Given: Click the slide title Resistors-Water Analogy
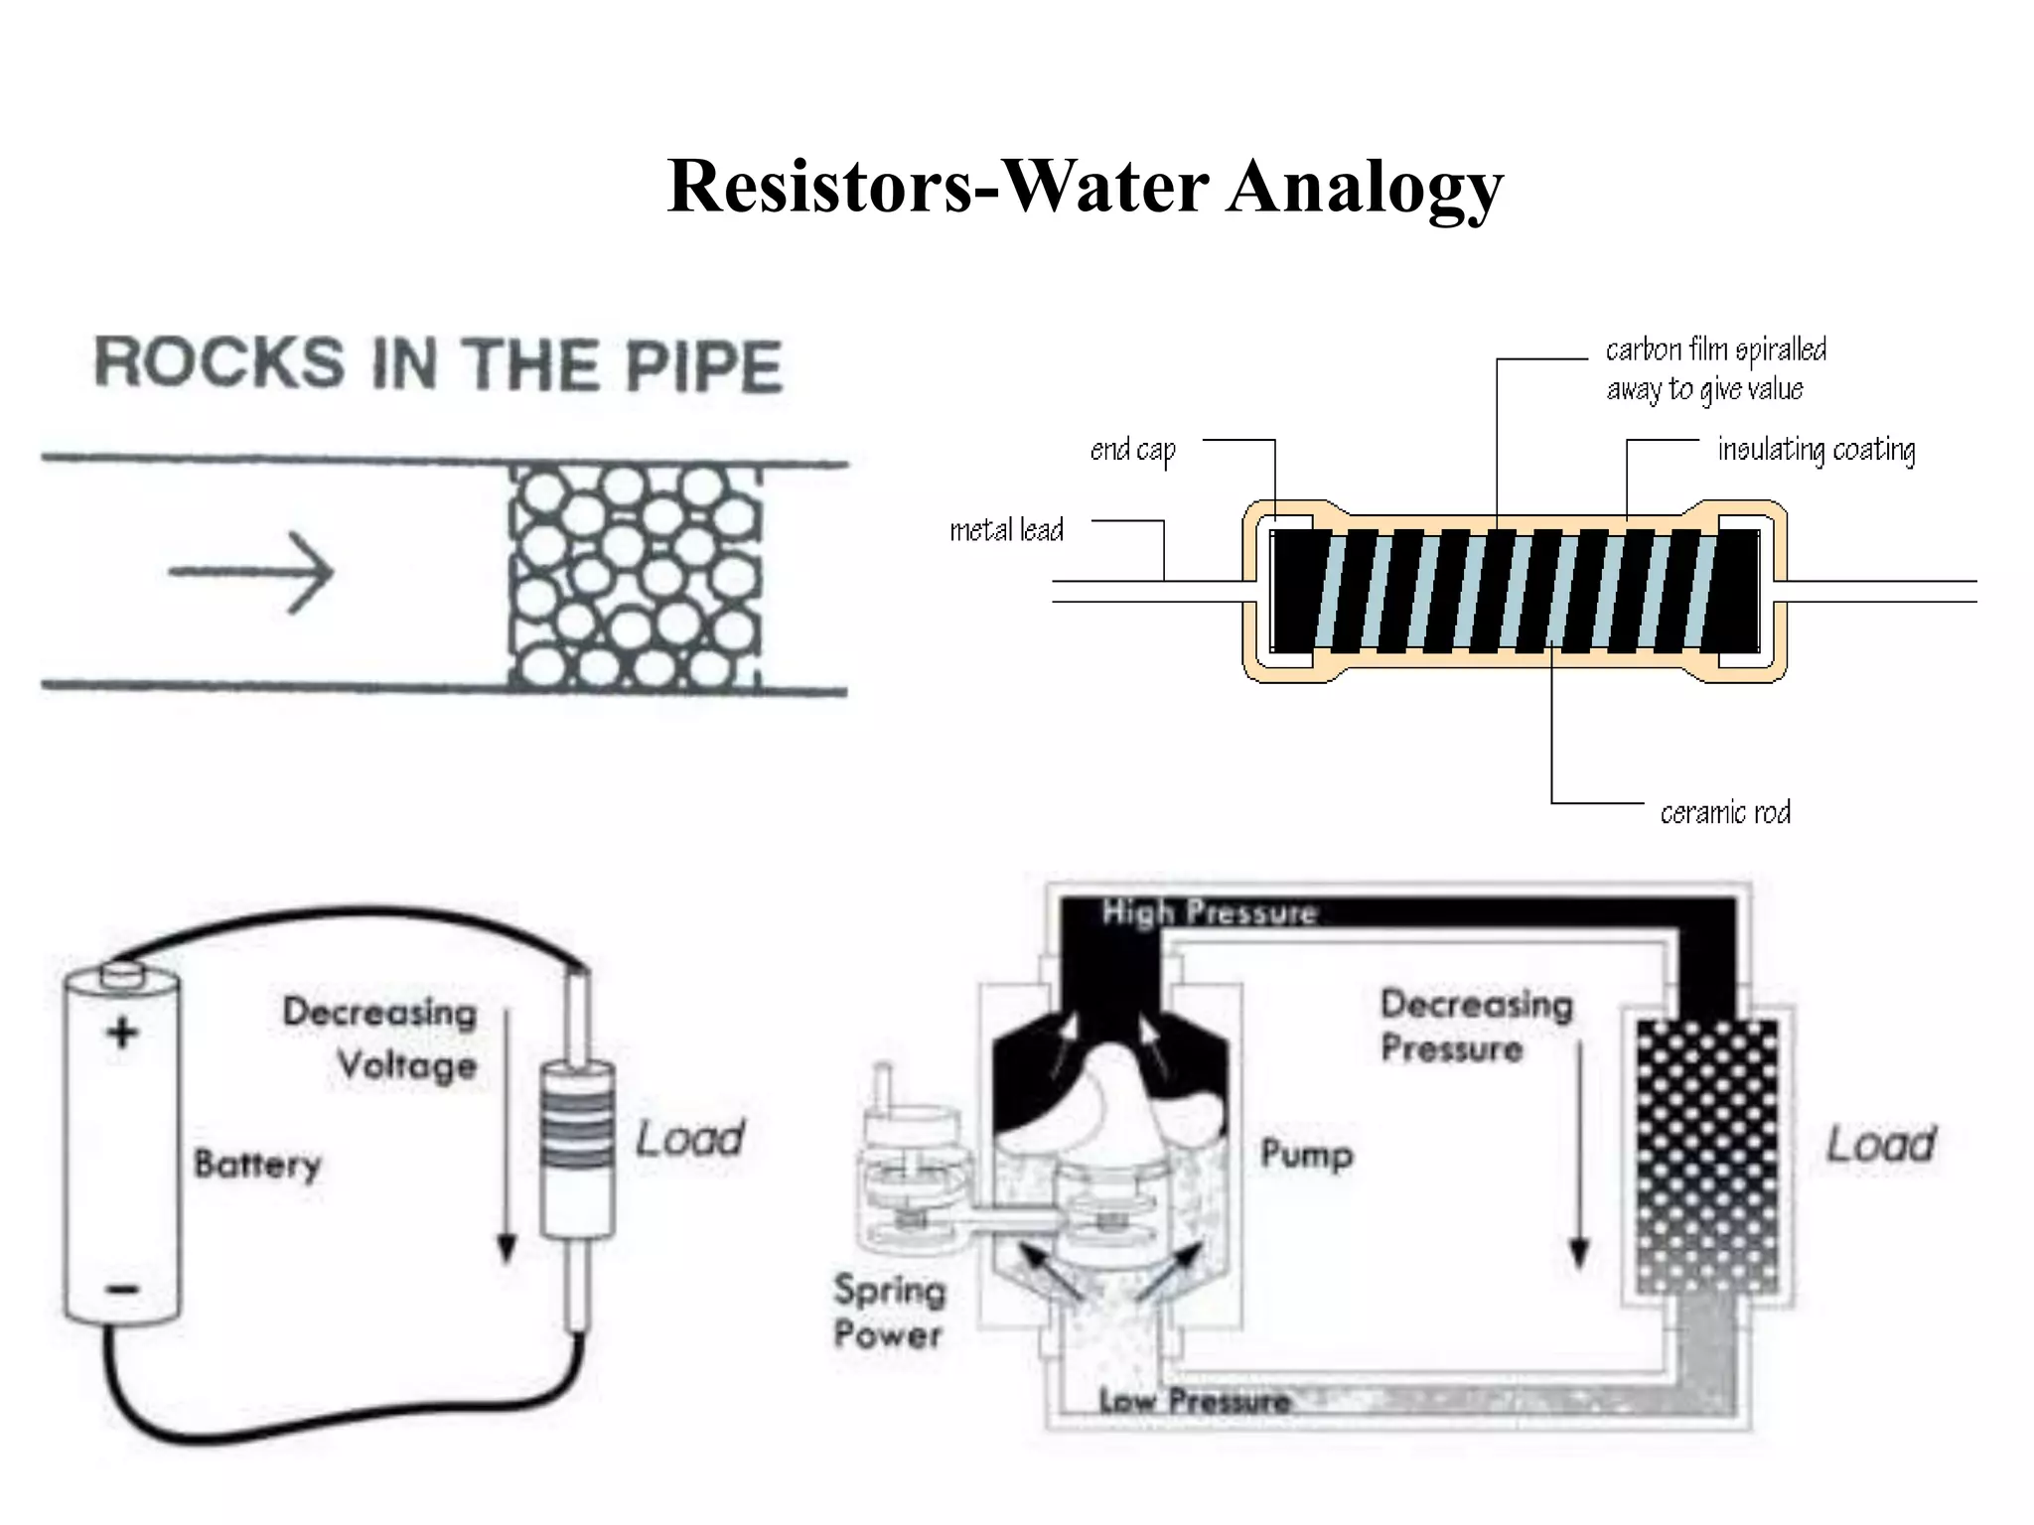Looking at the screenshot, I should click(1085, 186).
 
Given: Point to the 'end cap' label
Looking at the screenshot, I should click(1132, 450).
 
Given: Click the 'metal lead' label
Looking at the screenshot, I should click(1006, 530).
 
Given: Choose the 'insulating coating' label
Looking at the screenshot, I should click(1816, 450).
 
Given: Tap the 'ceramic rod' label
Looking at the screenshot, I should click(1725, 813).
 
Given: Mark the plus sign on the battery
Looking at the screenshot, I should click(122, 1033).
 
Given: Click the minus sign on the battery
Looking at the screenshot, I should click(123, 1290).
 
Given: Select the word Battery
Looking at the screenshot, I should click(257, 1164).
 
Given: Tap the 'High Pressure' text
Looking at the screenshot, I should click(1209, 912).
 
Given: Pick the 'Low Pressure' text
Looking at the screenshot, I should click(1194, 1401).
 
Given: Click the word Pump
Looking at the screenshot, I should click(1306, 1154).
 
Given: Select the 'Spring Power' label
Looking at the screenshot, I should click(888, 1312).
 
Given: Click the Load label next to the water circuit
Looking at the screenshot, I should click(1880, 1144).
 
